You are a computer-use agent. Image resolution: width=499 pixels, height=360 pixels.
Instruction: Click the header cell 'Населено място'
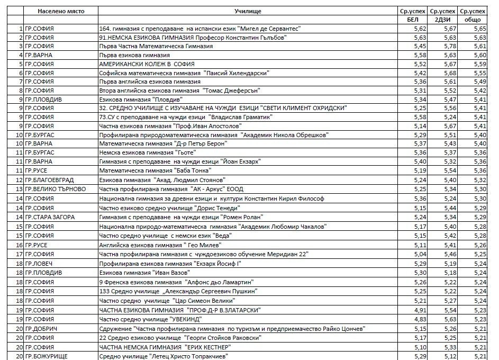tap(60, 11)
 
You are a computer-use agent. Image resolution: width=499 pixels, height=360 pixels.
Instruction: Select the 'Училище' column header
tap(248, 11)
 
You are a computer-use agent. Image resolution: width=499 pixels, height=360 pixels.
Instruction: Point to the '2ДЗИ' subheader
tap(443, 20)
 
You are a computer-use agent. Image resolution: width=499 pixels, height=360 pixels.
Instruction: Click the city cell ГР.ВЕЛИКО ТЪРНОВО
tap(54, 189)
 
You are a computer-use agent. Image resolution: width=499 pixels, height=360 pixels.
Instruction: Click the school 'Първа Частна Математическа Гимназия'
tap(156, 46)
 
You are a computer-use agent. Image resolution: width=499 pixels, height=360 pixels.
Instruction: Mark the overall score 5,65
tap(479, 29)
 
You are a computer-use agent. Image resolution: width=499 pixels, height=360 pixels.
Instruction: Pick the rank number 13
tap(19, 189)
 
